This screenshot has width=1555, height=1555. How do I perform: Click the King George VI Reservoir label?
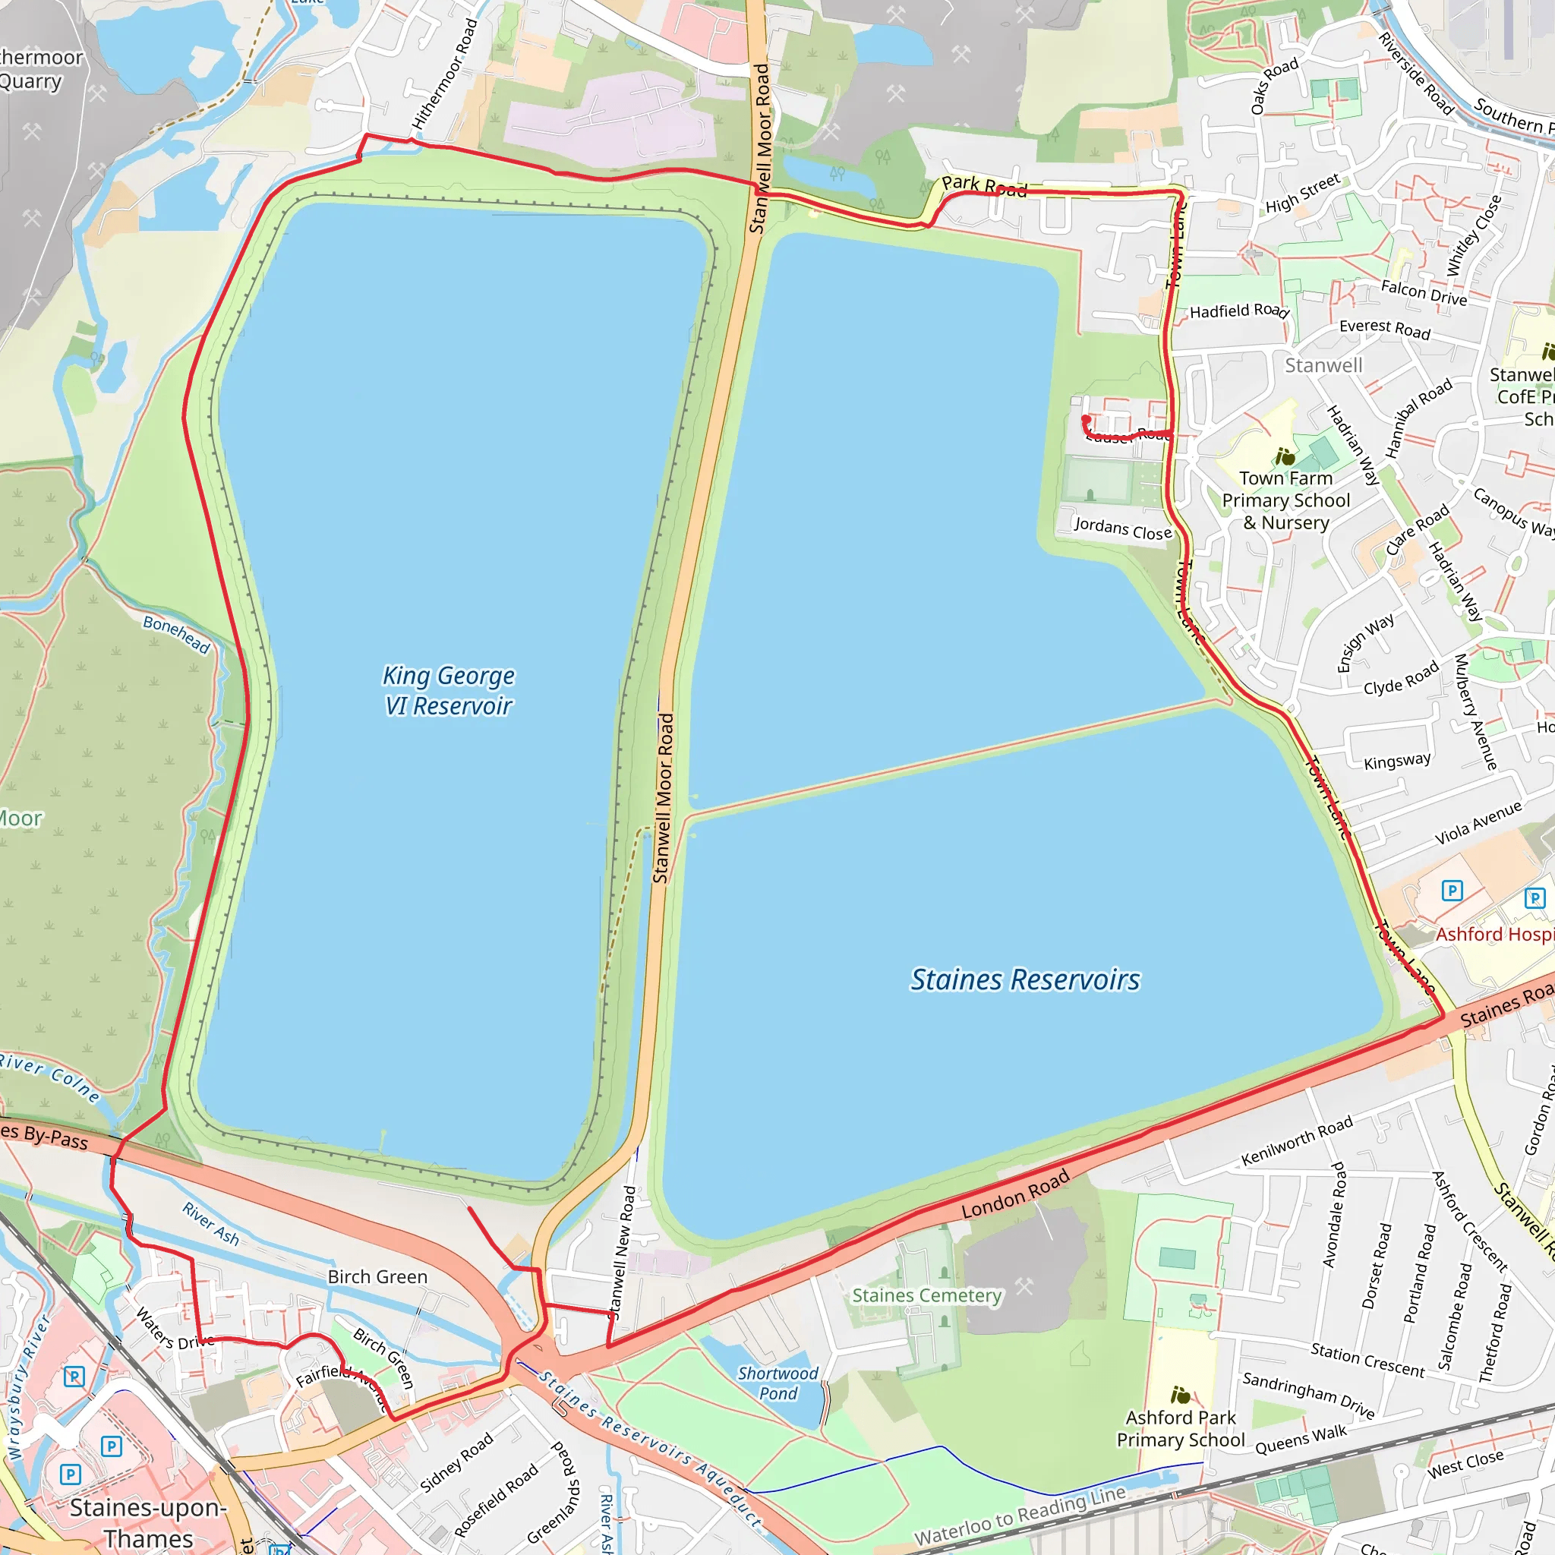point(448,691)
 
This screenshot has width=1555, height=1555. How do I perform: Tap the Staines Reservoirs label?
point(1024,979)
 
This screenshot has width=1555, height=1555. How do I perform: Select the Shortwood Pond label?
point(777,1383)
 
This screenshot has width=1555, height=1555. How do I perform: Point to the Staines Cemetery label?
point(926,1295)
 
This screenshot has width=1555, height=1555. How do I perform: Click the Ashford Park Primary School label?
point(1180,1429)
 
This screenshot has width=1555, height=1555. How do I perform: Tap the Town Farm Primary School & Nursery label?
point(1285,500)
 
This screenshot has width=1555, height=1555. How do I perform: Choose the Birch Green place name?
point(377,1276)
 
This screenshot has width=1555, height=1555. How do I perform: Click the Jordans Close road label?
point(1123,528)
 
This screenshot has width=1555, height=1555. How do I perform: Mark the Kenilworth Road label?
point(1297,1141)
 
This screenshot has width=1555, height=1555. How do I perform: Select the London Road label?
point(1015,1194)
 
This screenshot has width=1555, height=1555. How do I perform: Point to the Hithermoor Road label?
point(445,74)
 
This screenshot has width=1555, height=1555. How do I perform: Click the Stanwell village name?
point(1323,365)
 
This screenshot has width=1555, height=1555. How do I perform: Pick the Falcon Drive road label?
point(1424,292)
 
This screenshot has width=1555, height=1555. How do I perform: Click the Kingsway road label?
point(1397,761)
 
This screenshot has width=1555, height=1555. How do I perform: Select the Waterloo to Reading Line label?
point(1020,1516)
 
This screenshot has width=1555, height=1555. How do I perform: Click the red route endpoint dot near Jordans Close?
point(1086,419)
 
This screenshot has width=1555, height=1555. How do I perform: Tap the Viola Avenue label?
point(1478,822)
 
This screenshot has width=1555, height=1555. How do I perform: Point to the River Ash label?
point(211,1223)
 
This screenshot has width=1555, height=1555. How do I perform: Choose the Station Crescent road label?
point(1367,1359)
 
